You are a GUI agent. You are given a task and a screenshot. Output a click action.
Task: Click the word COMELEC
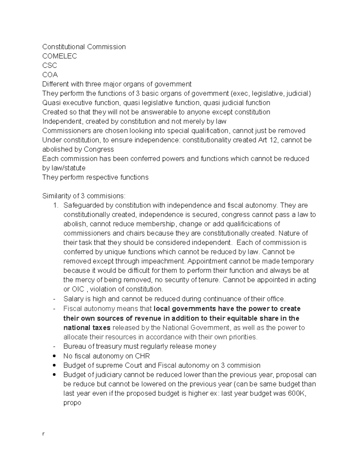coord(59,56)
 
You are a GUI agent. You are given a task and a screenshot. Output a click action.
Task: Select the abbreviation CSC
coord(49,65)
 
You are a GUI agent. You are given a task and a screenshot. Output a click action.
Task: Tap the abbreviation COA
coord(50,75)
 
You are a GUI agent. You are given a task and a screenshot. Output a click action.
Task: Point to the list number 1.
coord(55,206)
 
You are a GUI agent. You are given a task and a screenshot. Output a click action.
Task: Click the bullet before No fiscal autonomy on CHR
coord(54,356)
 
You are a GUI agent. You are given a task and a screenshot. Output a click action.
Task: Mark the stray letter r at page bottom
coord(43,434)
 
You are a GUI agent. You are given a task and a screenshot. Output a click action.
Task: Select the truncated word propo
coord(72,403)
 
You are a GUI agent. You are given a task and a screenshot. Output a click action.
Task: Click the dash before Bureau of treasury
coord(54,346)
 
